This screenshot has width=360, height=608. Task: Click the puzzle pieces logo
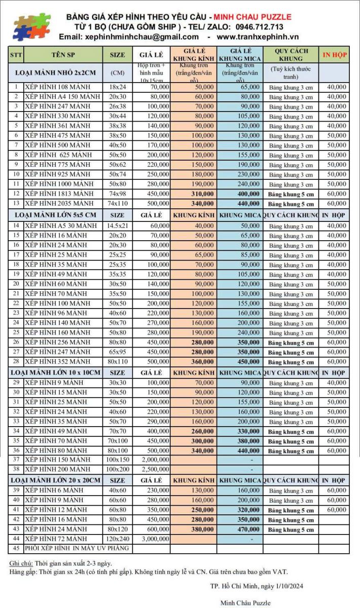31,26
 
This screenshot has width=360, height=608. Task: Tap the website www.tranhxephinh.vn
258,37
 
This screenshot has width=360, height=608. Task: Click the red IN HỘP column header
334,55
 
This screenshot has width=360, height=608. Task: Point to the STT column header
16,55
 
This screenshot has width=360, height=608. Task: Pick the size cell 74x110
117,204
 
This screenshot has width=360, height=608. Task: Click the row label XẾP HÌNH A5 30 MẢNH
61,225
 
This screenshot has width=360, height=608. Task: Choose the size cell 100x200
117,470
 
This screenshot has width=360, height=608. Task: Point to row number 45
16,548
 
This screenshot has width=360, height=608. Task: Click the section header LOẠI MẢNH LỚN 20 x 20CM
56,480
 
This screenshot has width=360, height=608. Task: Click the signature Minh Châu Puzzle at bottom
245,602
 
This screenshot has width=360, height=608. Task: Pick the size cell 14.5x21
117,225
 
